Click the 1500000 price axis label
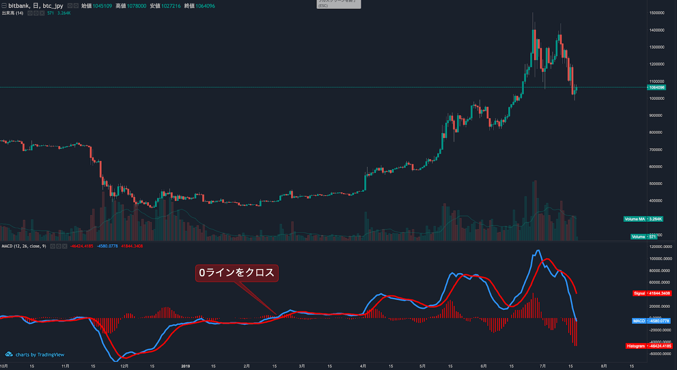pyautogui.click(x=657, y=13)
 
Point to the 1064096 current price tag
pyautogui.click(x=657, y=88)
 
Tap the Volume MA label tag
pyautogui.click(x=634, y=219)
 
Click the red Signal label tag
pyautogui.click(x=639, y=293)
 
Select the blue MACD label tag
pyautogui.click(x=639, y=321)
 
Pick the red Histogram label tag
pyautogui.click(x=636, y=346)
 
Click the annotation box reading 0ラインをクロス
pyautogui.click(x=237, y=273)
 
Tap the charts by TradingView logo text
pyautogui.click(x=40, y=355)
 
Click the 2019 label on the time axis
pyautogui.click(x=185, y=366)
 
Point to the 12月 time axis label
pyautogui.click(x=124, y=366)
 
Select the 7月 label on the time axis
pyautogui.click(x=543, y=366)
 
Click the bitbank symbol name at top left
pyautogui.click(x=19, y=6)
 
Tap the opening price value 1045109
pyautogui.click(x=102, y=6)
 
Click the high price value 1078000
pyautogui.click(x=136, y=6)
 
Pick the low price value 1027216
pyautogui.click(x=171, y=6)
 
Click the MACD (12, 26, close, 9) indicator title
pyautogui.click(x=24, y=246)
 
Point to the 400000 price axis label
pyautogui.click(x=656, y=201)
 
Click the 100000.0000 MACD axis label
pyautogui.click(x=660, y=259)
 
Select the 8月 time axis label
pyautogui.click(x=604, y=366)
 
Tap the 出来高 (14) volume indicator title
pyautogui.click(x=13, y=13)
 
